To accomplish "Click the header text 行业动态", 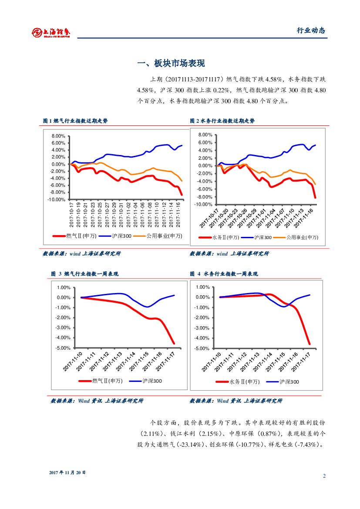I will pos(311,30).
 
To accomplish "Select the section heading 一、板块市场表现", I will pos(171,64).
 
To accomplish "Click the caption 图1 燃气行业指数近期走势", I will pos(75,121).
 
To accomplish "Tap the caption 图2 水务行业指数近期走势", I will pos(222,121).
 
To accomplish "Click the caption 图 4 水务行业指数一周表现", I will pos(224,274).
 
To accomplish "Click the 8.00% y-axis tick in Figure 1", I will pos(58,136).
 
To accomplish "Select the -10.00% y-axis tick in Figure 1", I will pos(57,199).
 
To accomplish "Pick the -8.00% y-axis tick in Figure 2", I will pos(204,197).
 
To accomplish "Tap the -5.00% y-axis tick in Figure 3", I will pos(63,348).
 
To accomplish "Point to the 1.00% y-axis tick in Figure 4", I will pos(203,287).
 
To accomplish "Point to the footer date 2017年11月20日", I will pos(67,472).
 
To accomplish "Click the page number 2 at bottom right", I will pos(324,475).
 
